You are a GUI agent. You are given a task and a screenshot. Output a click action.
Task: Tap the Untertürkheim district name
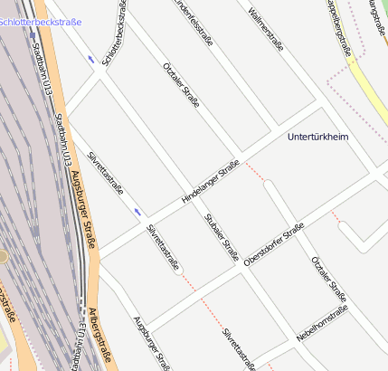317,137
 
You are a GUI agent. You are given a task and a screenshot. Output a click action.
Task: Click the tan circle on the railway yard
3,257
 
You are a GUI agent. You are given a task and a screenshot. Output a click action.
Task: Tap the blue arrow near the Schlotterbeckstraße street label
91,60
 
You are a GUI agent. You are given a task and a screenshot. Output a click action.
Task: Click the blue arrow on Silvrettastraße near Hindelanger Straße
137,212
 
